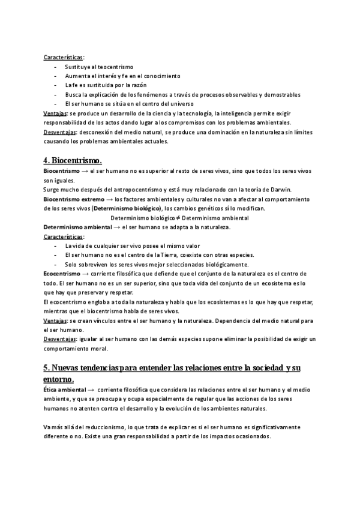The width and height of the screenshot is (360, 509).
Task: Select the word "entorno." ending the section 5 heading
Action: coord(59,379)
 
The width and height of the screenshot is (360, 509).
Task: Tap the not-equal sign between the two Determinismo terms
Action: coord(176,218)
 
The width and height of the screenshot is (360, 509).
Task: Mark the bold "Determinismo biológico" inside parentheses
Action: coord(128,208)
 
